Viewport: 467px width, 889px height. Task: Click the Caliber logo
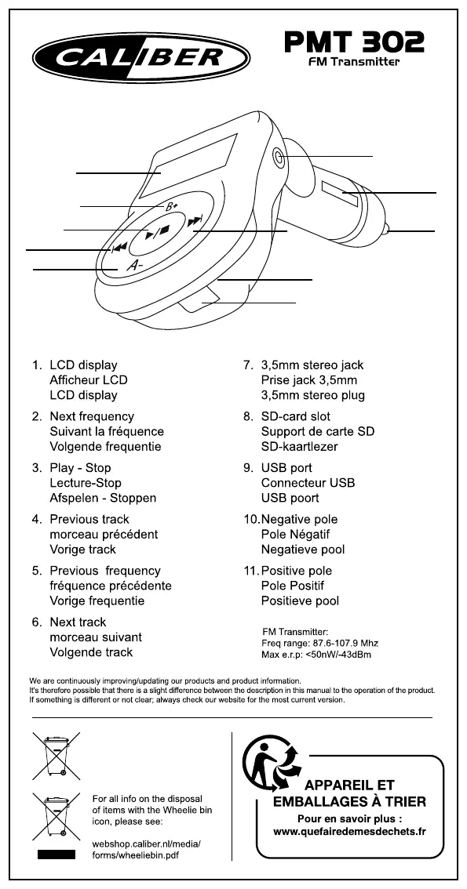coord(140,57)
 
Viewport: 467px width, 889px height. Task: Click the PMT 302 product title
coord(354,42)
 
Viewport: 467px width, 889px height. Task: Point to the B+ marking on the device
coord(171,207)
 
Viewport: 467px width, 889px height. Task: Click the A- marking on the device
coord(134,265)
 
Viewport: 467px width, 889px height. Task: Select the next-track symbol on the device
coord(195,220)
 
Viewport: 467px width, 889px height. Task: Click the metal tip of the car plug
coord(386,229)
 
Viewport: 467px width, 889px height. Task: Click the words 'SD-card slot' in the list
coord(296,417)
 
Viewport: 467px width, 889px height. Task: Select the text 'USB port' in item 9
coord(286,468)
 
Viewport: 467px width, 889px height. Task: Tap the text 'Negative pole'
coord(299,519)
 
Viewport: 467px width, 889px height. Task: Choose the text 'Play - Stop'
coord(81,468)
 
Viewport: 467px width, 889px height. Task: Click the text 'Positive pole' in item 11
coord(296,571)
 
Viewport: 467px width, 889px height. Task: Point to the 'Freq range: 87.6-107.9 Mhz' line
coord(320,644)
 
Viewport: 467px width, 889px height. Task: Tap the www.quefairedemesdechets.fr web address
coord(349,832)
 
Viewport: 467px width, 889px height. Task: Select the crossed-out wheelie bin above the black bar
coord(56,817)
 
